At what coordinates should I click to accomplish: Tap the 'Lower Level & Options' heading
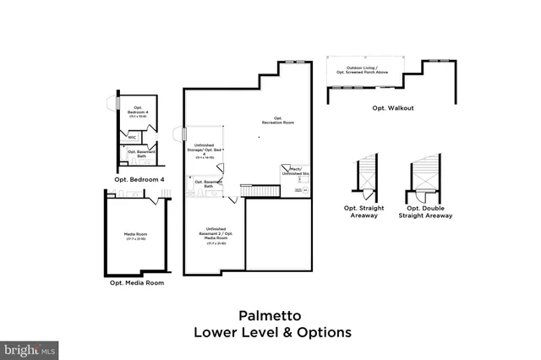tap(271, 332)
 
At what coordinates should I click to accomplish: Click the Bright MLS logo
tap(30, 348)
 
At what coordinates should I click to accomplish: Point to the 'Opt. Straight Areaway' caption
tap(367, 211)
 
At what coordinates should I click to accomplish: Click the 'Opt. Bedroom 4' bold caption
tap(139, 179)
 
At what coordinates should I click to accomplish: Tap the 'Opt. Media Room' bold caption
tap(136, 282)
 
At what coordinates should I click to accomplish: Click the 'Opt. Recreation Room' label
tap(283, 120)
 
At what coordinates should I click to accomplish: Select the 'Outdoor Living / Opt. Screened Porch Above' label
tap(365, 70)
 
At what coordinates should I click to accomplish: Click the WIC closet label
tap(133, 136)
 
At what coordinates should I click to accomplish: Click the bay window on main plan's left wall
tap(179, 134)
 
